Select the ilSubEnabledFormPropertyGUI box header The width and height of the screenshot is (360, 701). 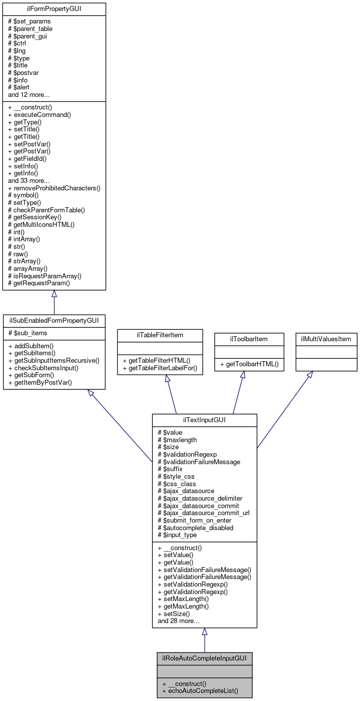point(54,320)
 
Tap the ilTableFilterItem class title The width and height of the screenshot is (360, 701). point(160,335)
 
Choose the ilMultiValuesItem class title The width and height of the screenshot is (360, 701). point(326,339)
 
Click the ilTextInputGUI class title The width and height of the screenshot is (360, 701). point(204,420)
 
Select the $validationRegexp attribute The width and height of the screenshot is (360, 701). point(187,454)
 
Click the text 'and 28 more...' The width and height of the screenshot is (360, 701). point(178,621)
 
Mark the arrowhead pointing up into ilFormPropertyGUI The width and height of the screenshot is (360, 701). point(54,294)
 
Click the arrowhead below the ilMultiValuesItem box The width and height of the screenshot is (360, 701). point(310,375)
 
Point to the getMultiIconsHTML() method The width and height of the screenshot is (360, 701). point(43,225)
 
